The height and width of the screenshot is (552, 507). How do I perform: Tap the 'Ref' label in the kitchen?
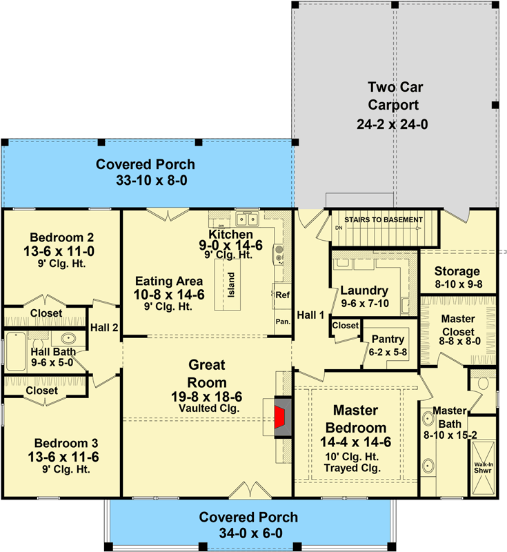coord(281,294)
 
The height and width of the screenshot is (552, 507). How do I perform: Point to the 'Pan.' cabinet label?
coord(281,322)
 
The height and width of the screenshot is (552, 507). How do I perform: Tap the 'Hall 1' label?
coord(310,315)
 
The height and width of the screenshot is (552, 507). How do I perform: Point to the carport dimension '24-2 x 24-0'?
coord(394,124)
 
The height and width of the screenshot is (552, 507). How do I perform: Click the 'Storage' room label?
coord(457,271)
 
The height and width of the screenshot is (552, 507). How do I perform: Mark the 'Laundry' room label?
coord(364,290)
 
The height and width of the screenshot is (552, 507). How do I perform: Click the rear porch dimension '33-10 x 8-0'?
coord(146,181)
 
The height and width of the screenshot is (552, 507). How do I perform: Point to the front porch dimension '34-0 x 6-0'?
coord(248,533)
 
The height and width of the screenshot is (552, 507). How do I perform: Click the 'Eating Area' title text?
coord(169,281)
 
